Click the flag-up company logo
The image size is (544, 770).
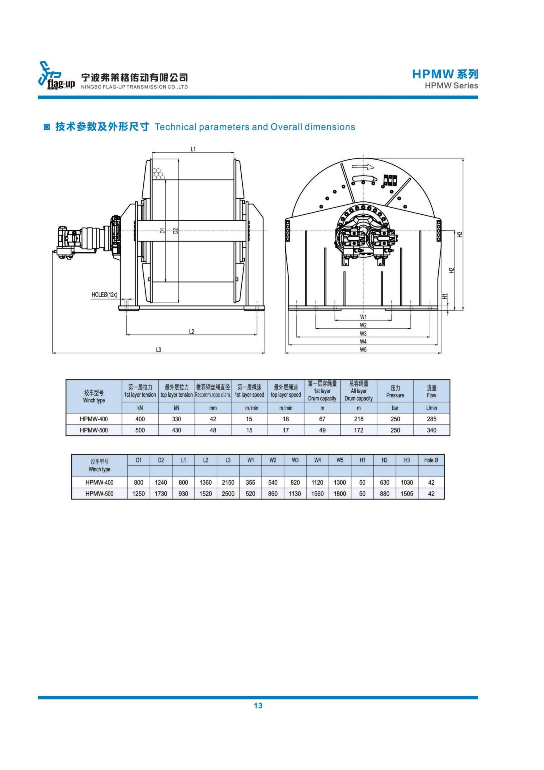pos(56,76)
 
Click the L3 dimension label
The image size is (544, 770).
pos(158,350)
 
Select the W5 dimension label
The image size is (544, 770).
pos(363,350)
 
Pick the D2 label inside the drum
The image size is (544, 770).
pos(175,230)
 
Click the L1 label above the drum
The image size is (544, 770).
pos(193,149)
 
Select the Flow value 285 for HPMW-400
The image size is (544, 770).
pos(431,419)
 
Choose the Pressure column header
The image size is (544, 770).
pos(395,391)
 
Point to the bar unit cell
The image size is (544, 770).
pos(395,408)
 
